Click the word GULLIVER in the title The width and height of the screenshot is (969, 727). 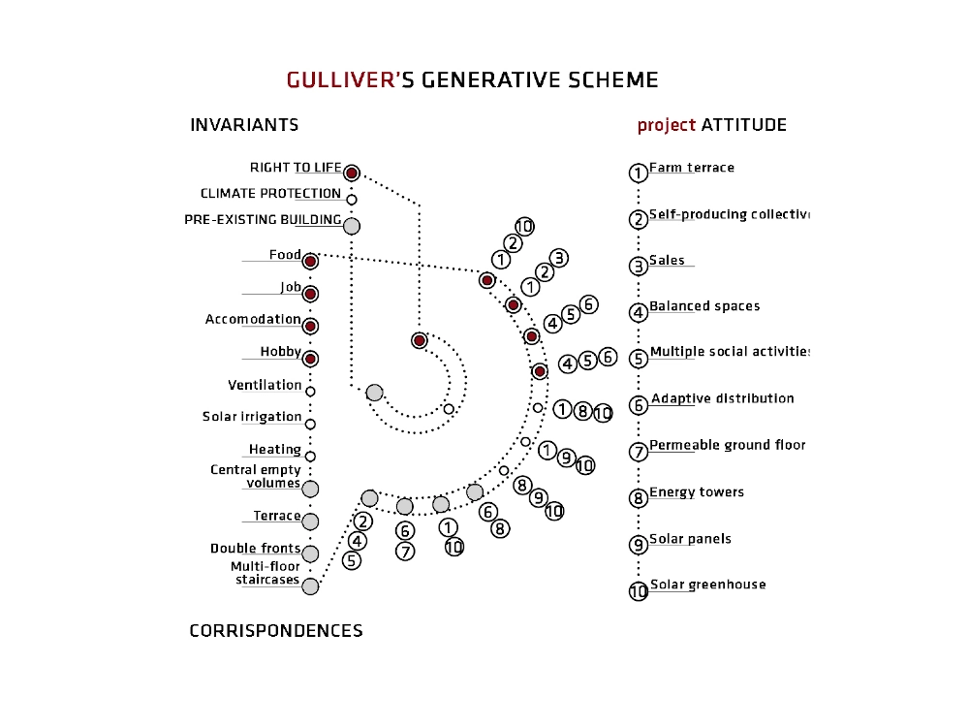340,79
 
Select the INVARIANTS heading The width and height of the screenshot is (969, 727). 244,125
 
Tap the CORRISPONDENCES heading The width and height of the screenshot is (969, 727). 275,631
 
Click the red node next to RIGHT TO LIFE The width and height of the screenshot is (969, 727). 352,174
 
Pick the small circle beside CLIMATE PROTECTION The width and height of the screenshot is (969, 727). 352,200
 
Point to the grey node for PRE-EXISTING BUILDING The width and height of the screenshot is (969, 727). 352,226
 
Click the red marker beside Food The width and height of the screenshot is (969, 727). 310,262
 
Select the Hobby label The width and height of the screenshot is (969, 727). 281,352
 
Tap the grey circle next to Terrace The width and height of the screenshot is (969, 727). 310,522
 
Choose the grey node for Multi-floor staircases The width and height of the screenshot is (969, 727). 310,586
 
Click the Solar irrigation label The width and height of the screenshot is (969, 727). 252,417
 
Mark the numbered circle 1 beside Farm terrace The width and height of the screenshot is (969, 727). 639,174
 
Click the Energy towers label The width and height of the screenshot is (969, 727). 697,492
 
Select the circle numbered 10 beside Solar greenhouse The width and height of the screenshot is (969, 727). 639,591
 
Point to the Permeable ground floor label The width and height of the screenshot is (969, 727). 728,445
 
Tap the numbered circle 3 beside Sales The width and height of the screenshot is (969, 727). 639,267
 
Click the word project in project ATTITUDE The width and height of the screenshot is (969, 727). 667,125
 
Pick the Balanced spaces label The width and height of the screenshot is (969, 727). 704,306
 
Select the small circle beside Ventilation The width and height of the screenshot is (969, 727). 310,392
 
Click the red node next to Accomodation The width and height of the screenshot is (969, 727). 310,327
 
